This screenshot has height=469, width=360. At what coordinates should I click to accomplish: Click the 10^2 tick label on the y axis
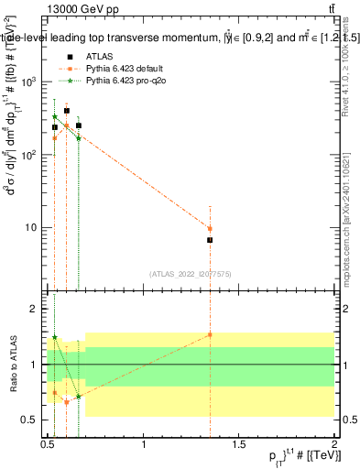point(30,155)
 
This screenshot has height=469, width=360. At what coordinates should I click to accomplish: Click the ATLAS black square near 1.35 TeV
point(210,240)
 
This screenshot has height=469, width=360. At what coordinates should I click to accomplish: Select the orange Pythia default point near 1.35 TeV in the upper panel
point(210,229)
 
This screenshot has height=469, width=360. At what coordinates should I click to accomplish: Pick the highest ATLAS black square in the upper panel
point(66,110)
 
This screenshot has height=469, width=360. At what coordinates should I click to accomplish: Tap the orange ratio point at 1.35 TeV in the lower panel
point(210,335)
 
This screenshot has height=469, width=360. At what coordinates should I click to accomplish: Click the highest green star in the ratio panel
point(55,338)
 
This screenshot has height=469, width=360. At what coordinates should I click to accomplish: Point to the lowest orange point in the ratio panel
point(66,402)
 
